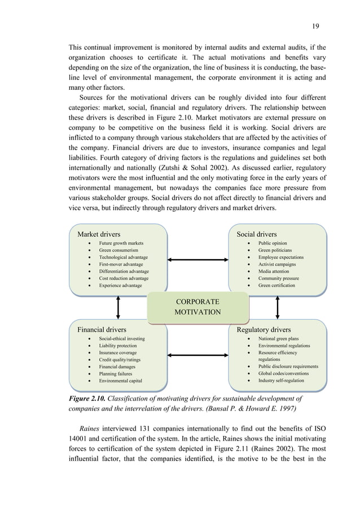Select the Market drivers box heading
99,233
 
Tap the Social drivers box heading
256,233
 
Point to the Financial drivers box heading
102,329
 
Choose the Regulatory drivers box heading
264,329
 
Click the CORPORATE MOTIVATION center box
197,307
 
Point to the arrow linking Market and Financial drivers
118,307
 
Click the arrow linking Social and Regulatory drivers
278,307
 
